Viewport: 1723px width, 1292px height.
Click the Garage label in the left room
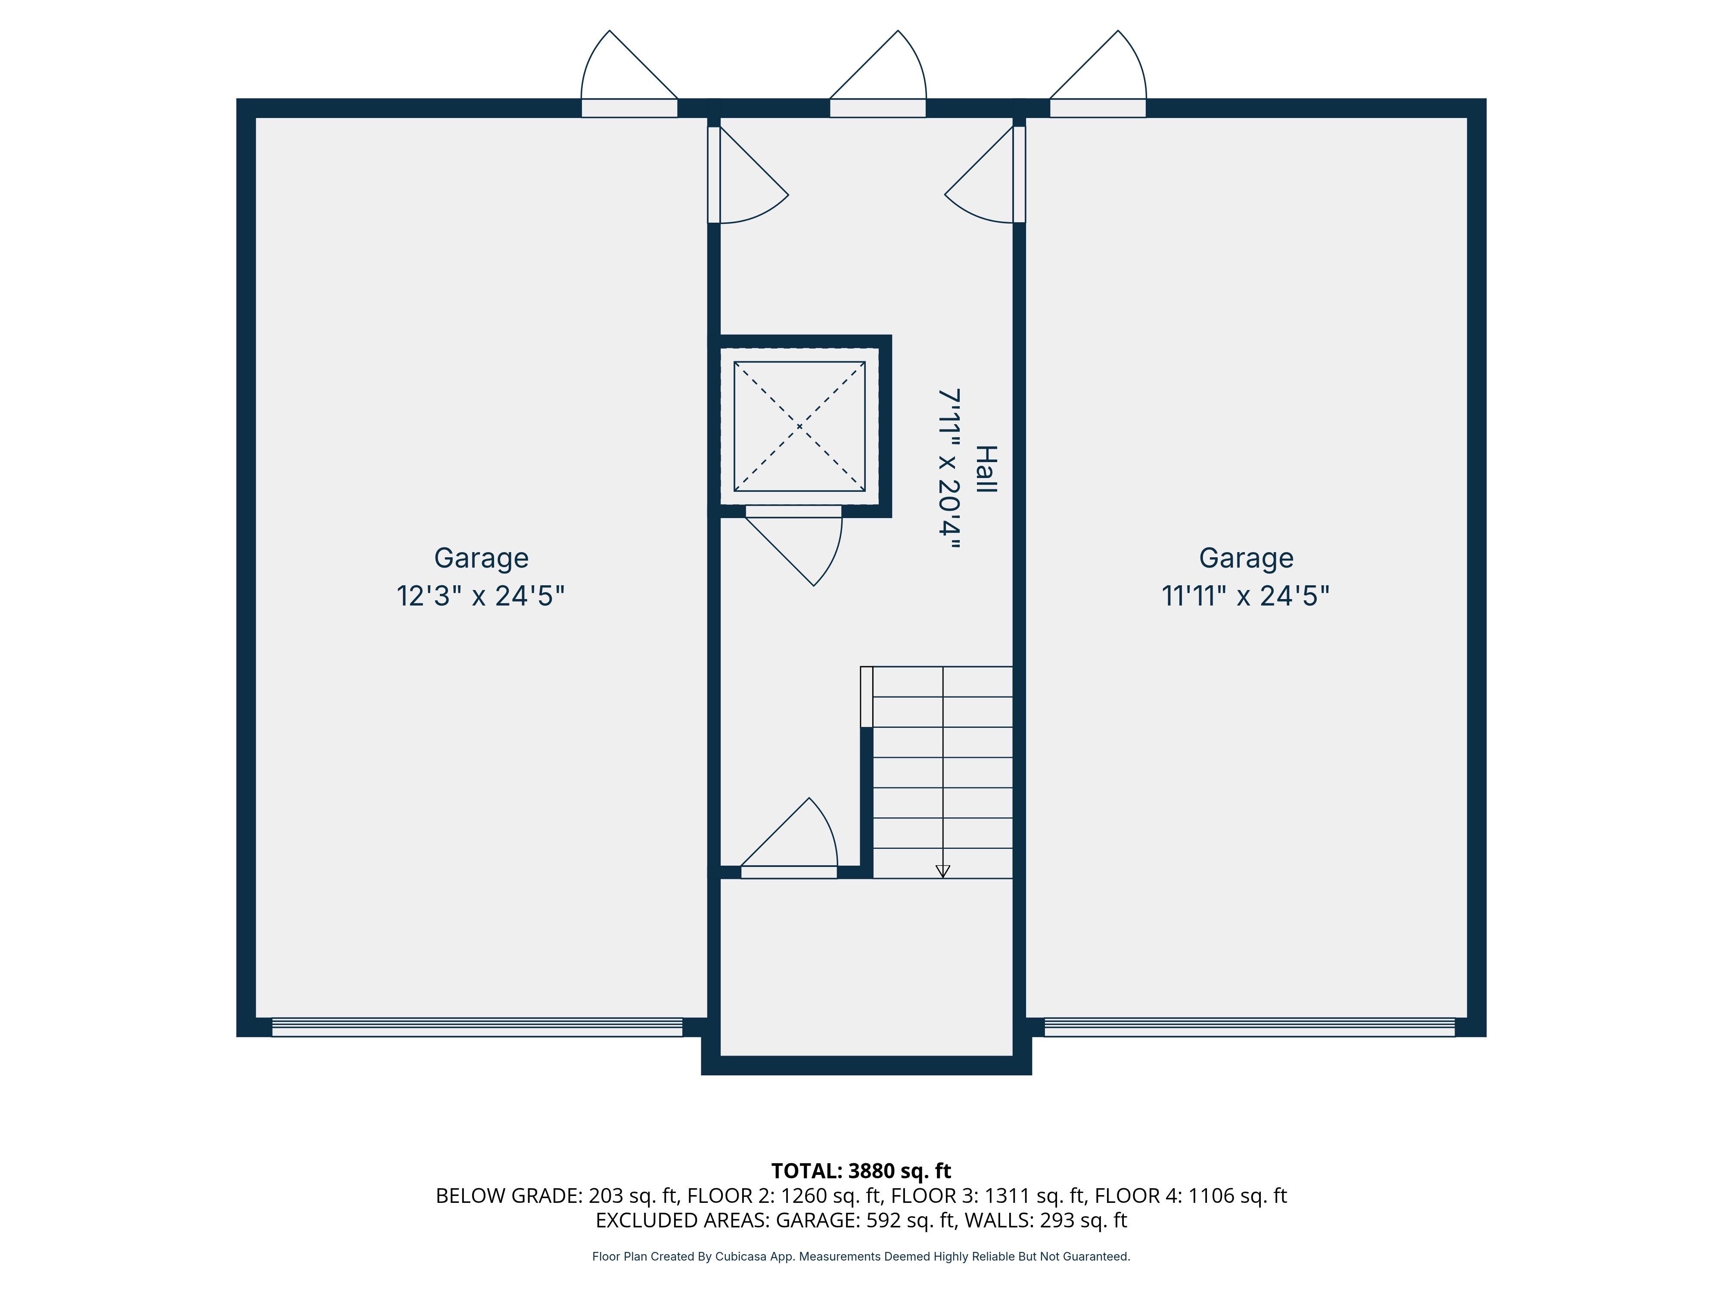[482, 559]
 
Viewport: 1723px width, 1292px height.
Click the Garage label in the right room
[1246, 559]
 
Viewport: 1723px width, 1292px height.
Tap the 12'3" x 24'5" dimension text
[481, 596]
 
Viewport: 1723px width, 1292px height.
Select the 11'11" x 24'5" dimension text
[1246, 596]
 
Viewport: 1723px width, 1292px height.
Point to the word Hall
[986, 469]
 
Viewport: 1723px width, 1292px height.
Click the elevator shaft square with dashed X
[799, 426]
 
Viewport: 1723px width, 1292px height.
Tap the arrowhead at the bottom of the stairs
[942, 872]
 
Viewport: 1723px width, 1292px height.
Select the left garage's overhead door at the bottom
[477, 1027]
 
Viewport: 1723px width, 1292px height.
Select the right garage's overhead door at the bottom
[1250, 1027]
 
